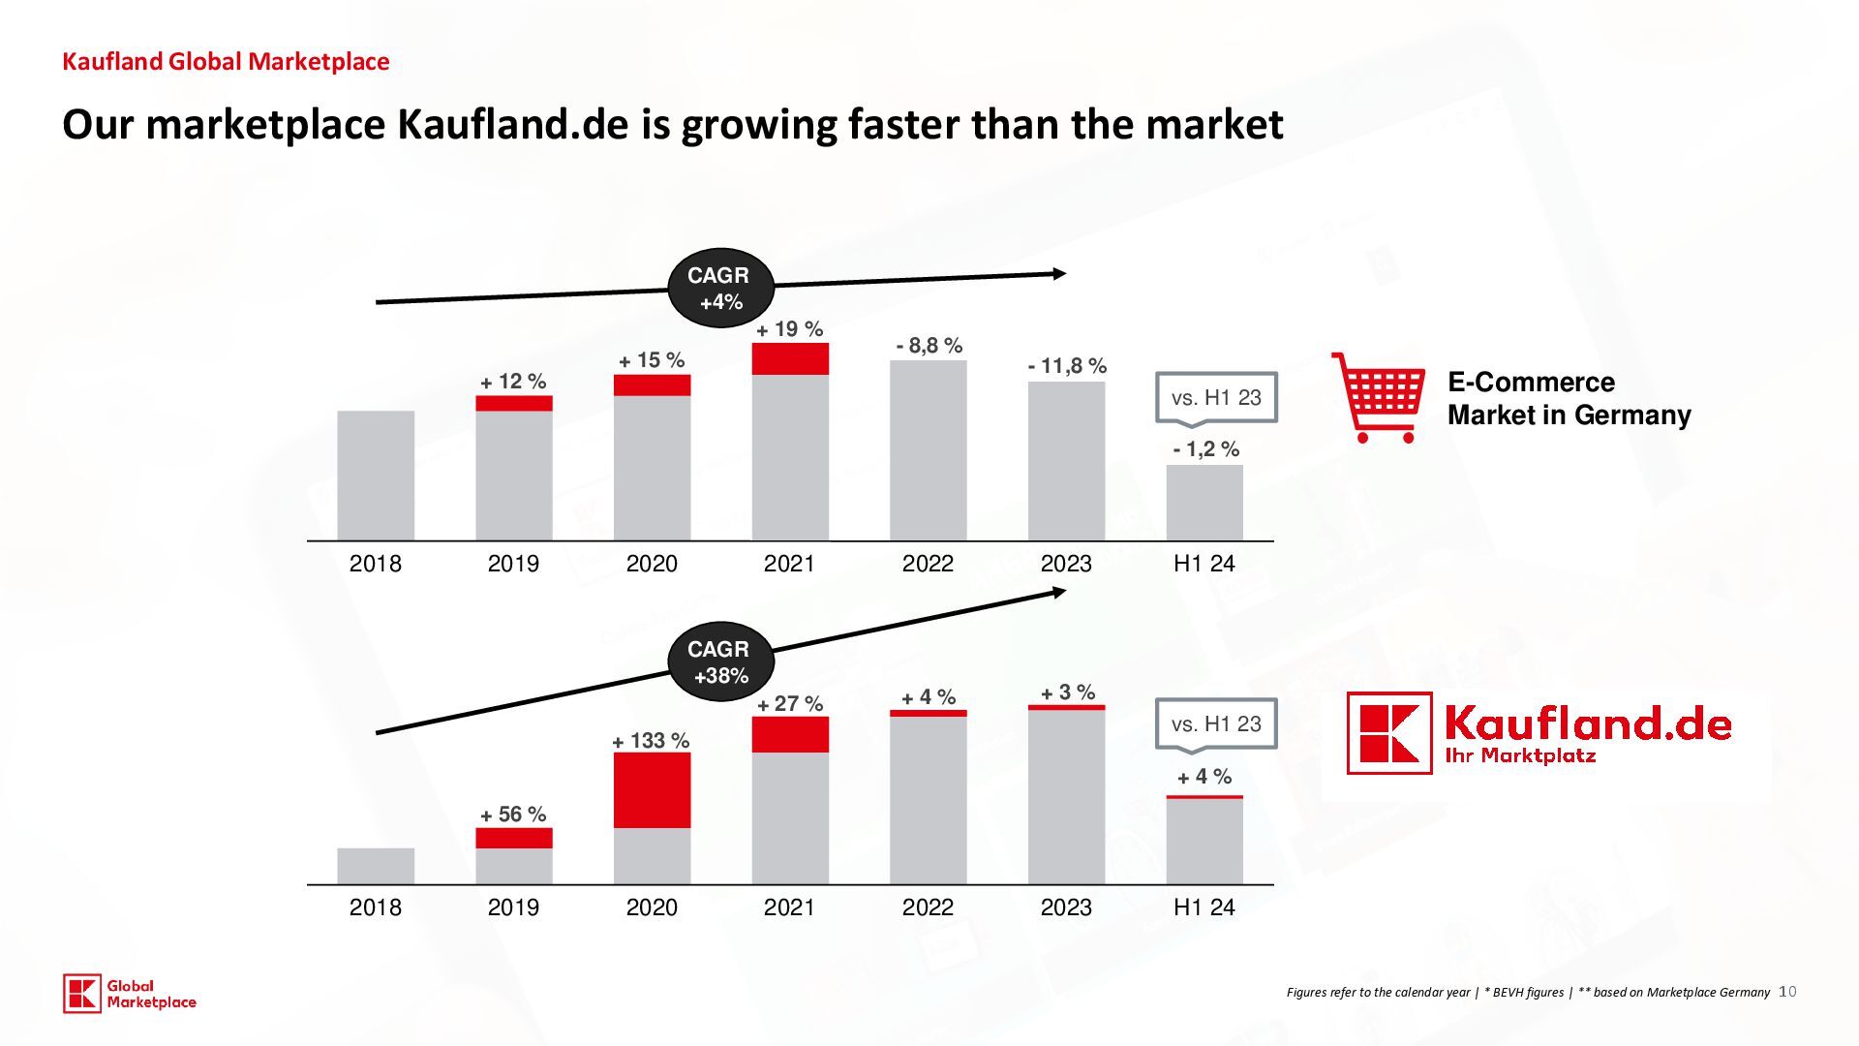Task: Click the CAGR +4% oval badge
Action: pos(721,288)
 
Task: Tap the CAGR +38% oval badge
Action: pos(721,661)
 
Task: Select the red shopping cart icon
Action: pos(1378,398)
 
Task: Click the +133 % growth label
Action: pos(651,741)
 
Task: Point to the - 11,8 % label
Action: pos(1067,366)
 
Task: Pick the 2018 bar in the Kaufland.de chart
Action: pos(376,866)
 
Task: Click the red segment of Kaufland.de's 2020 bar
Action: pos(652,789)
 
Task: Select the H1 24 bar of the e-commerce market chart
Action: pos(1204,503)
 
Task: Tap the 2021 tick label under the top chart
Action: pos(789,564)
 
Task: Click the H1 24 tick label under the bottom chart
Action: pos(1204,908)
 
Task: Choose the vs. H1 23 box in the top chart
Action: pos(1216,397)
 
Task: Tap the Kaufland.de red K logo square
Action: pos(1389,733)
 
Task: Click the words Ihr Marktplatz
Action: pos(1520,756)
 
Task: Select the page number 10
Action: pos(1787,991)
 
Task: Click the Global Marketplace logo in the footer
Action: pos(130,994)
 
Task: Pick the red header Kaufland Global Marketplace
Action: pos(226,62)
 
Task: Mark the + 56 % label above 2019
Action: pos(513,815)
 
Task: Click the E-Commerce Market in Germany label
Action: pos(1569,398)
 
